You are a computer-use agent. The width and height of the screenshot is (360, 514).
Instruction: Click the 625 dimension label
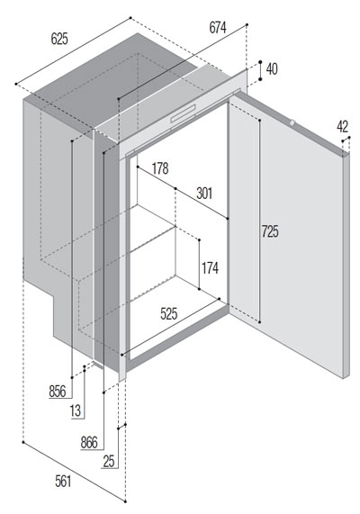tap(59, 39)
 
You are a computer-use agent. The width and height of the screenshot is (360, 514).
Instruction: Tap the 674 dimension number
tap(218, 28)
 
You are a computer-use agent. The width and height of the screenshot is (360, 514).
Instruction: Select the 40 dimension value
tap(272, 69)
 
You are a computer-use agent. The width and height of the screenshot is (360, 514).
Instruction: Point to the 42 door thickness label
tap(342, 127)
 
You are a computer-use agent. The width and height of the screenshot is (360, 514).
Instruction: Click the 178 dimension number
tap(160, 168)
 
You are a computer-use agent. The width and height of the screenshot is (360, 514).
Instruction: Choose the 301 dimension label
tap(204, 194)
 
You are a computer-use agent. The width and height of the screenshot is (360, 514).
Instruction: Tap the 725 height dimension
tap(270, 231)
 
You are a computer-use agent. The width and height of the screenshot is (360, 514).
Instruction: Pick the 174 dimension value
tap(210, 268)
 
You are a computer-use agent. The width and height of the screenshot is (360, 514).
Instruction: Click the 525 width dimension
tap(169, 313)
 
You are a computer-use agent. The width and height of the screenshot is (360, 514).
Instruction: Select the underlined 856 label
tap(58, 392)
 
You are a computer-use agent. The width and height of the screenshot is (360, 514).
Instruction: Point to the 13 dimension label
tap(76, 410)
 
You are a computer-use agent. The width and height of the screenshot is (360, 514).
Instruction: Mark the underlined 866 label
tap(89, 443)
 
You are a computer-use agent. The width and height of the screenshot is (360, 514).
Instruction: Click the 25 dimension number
tap(109, 462)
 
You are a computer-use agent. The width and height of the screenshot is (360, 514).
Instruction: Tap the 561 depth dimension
tap(63, 482)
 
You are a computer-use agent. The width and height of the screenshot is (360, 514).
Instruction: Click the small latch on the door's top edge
tap(292, 123)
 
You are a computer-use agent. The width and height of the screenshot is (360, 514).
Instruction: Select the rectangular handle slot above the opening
tap(183, 113)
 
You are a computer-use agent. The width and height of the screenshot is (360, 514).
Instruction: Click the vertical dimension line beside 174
tap(199, 265)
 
